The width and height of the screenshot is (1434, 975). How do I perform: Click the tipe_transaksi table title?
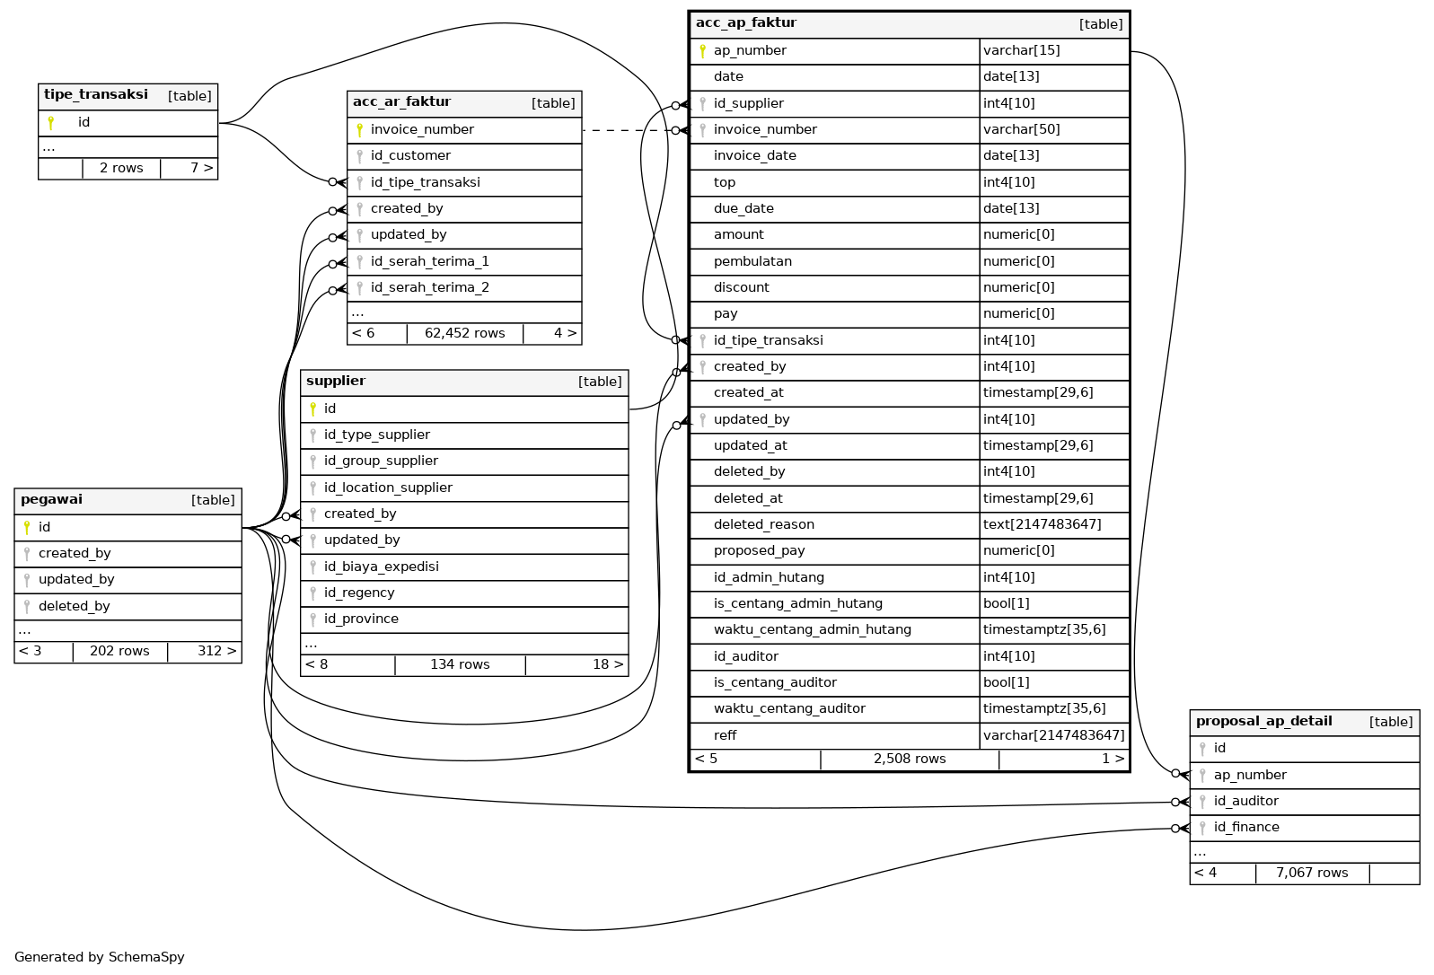(96, 95)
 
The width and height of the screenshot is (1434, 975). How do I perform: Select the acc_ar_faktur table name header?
(401, 102)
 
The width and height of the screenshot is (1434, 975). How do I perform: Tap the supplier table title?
(336, 382)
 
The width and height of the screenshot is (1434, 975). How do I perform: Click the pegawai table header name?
(51, 500)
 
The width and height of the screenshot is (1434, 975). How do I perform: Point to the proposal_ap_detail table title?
(1263, 722)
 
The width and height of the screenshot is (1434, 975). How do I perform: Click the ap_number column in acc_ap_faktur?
(750, 51)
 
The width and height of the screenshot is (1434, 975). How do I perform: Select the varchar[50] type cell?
(1021, 130)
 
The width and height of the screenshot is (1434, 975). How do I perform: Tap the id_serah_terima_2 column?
(429, 288)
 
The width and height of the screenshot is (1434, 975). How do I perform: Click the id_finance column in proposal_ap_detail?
(1246, 828)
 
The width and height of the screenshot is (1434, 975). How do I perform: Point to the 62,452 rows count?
(464, 334)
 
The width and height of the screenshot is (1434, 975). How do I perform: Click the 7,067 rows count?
(1311, 873)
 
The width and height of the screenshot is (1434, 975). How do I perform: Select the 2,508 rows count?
(909, 760)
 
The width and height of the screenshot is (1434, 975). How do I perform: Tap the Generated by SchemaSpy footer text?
(100, 957)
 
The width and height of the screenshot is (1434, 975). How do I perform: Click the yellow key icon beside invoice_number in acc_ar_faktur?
(359, 130)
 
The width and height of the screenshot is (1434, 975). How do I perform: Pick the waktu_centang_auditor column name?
(789, 709)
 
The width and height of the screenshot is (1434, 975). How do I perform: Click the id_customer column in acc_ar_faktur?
(410, 156)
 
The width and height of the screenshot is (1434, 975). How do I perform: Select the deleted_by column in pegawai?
(74, 607)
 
